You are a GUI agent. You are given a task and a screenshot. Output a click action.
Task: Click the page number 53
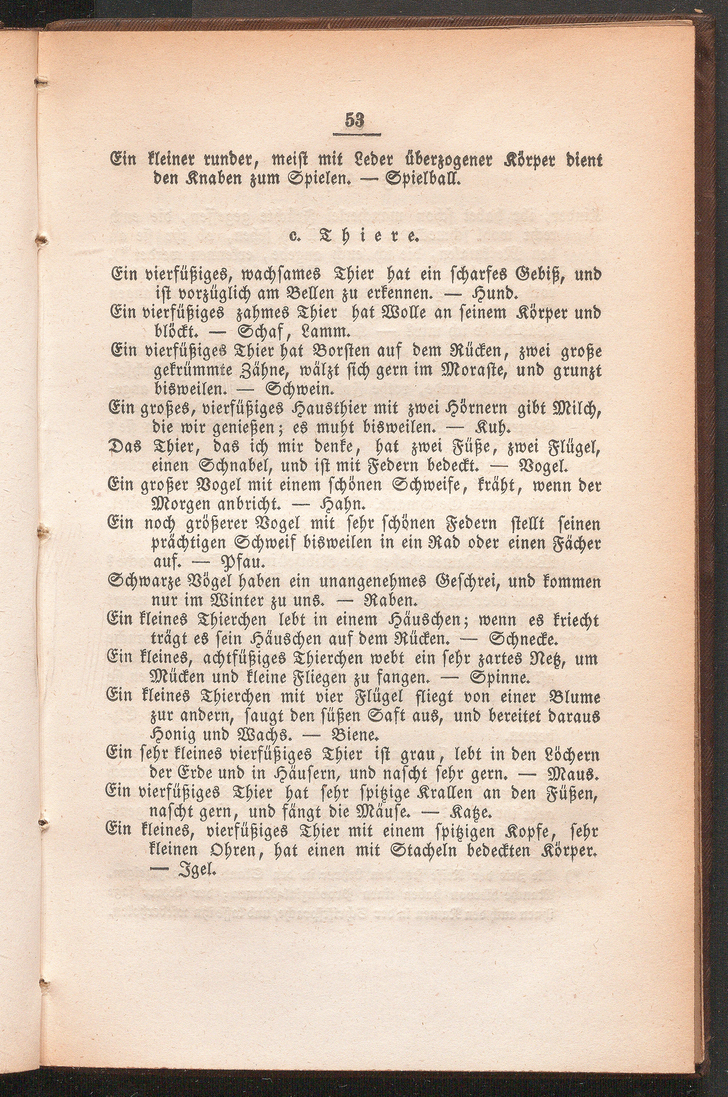(356, 121)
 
